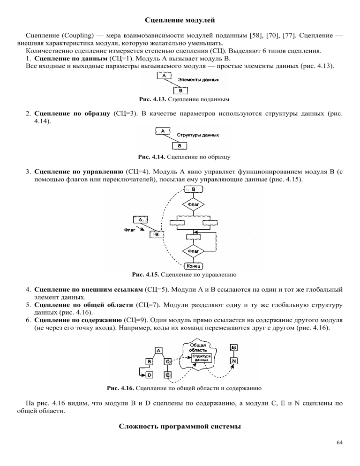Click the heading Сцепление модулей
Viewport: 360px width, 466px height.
coord(180,20)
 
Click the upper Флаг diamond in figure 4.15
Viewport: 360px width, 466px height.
coord(194,204)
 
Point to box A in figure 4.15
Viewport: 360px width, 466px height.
coord(141,219)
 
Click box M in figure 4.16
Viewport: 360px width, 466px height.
coord(234,347)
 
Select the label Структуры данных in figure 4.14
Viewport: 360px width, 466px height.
coord(198,135)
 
